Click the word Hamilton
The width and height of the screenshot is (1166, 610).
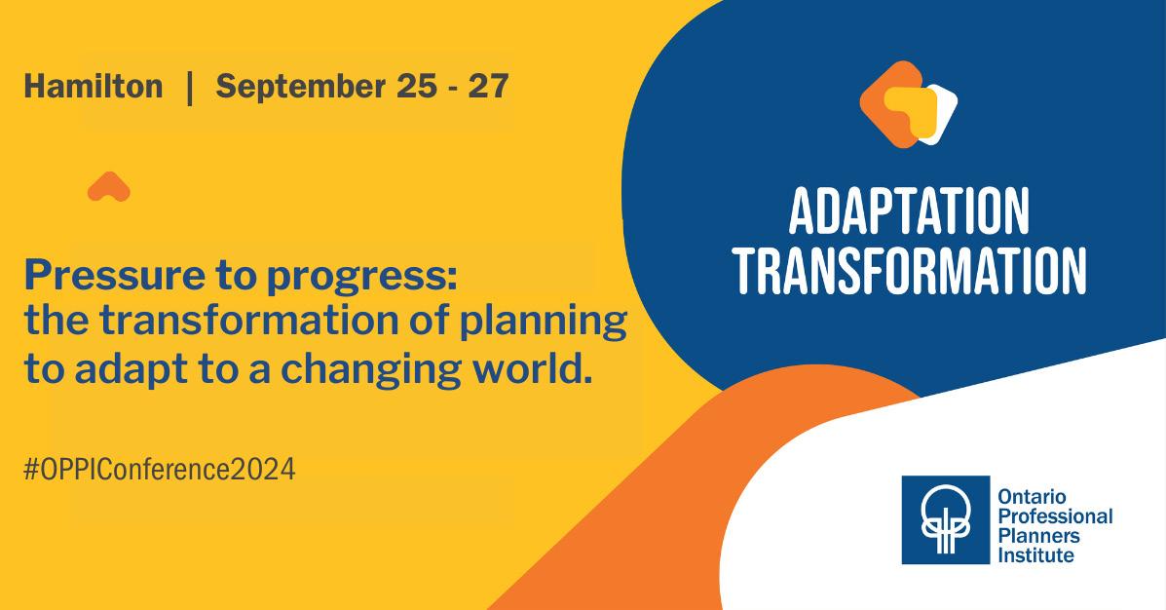point(93,87)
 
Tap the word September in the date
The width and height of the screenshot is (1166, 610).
point(300,88)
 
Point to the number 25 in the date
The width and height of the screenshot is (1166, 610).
point(417,87)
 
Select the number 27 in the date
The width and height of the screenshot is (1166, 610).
point(488,87)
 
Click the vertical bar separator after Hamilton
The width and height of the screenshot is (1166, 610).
point(190,88)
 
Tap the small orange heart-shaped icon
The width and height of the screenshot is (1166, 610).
point(108,187)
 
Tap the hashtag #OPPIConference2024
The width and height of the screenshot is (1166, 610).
point(159,470)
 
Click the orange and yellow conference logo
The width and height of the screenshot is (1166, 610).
point(908,104)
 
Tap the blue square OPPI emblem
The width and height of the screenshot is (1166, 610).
point(945,520)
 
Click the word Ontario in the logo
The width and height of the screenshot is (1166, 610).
point(1033,496)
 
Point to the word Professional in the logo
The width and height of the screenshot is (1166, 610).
point(1055,515)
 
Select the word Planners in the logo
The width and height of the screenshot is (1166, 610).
point(1038,536)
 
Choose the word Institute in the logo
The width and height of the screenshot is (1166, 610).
point(1035,555)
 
